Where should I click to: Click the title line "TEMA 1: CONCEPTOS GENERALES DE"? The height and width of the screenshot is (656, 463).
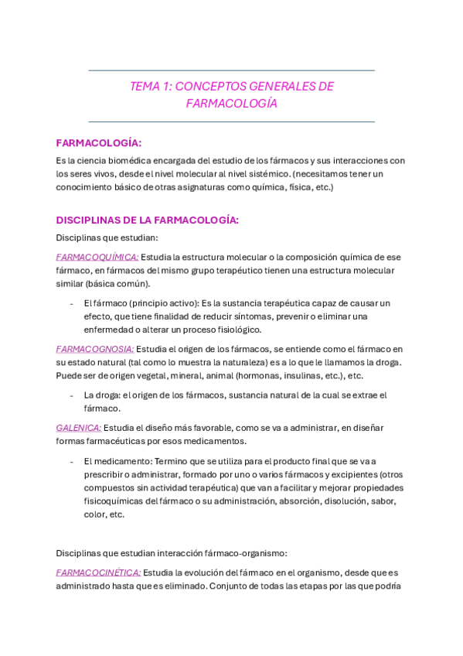click(232, 87)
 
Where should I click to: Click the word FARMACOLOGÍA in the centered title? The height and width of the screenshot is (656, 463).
click(232, 104)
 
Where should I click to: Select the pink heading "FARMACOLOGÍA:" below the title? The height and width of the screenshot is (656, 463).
click(99, 143)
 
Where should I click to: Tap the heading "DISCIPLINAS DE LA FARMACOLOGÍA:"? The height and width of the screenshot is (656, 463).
click(148, 220)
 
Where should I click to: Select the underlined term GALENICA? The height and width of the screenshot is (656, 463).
click(79, 427)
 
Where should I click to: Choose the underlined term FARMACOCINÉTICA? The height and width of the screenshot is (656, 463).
click(98, 572)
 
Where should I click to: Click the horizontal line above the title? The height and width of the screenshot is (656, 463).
click(232, 70)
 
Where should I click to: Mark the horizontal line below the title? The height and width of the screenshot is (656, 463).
click(232, 121)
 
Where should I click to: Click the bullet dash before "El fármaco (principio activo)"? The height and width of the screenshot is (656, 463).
click(72, 303)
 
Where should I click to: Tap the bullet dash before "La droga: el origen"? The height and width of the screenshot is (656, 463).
click(72, 395)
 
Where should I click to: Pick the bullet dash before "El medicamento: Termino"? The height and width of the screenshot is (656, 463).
click(72, 461)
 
